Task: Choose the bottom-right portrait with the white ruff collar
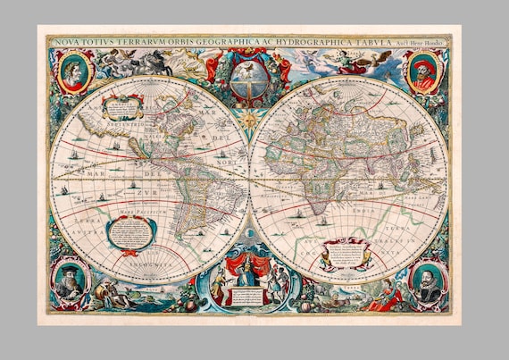tap(427, 280)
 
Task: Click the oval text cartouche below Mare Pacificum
tap(129, 233)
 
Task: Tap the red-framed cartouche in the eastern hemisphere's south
tap(346, 253)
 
